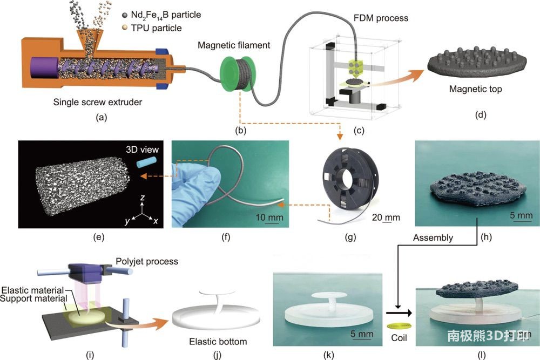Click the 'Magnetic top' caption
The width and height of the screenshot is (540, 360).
coord(474,89)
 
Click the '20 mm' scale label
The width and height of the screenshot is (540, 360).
coord(386,218)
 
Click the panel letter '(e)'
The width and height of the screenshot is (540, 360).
coord(73,236)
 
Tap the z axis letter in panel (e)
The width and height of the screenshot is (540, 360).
coord(141,198)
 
